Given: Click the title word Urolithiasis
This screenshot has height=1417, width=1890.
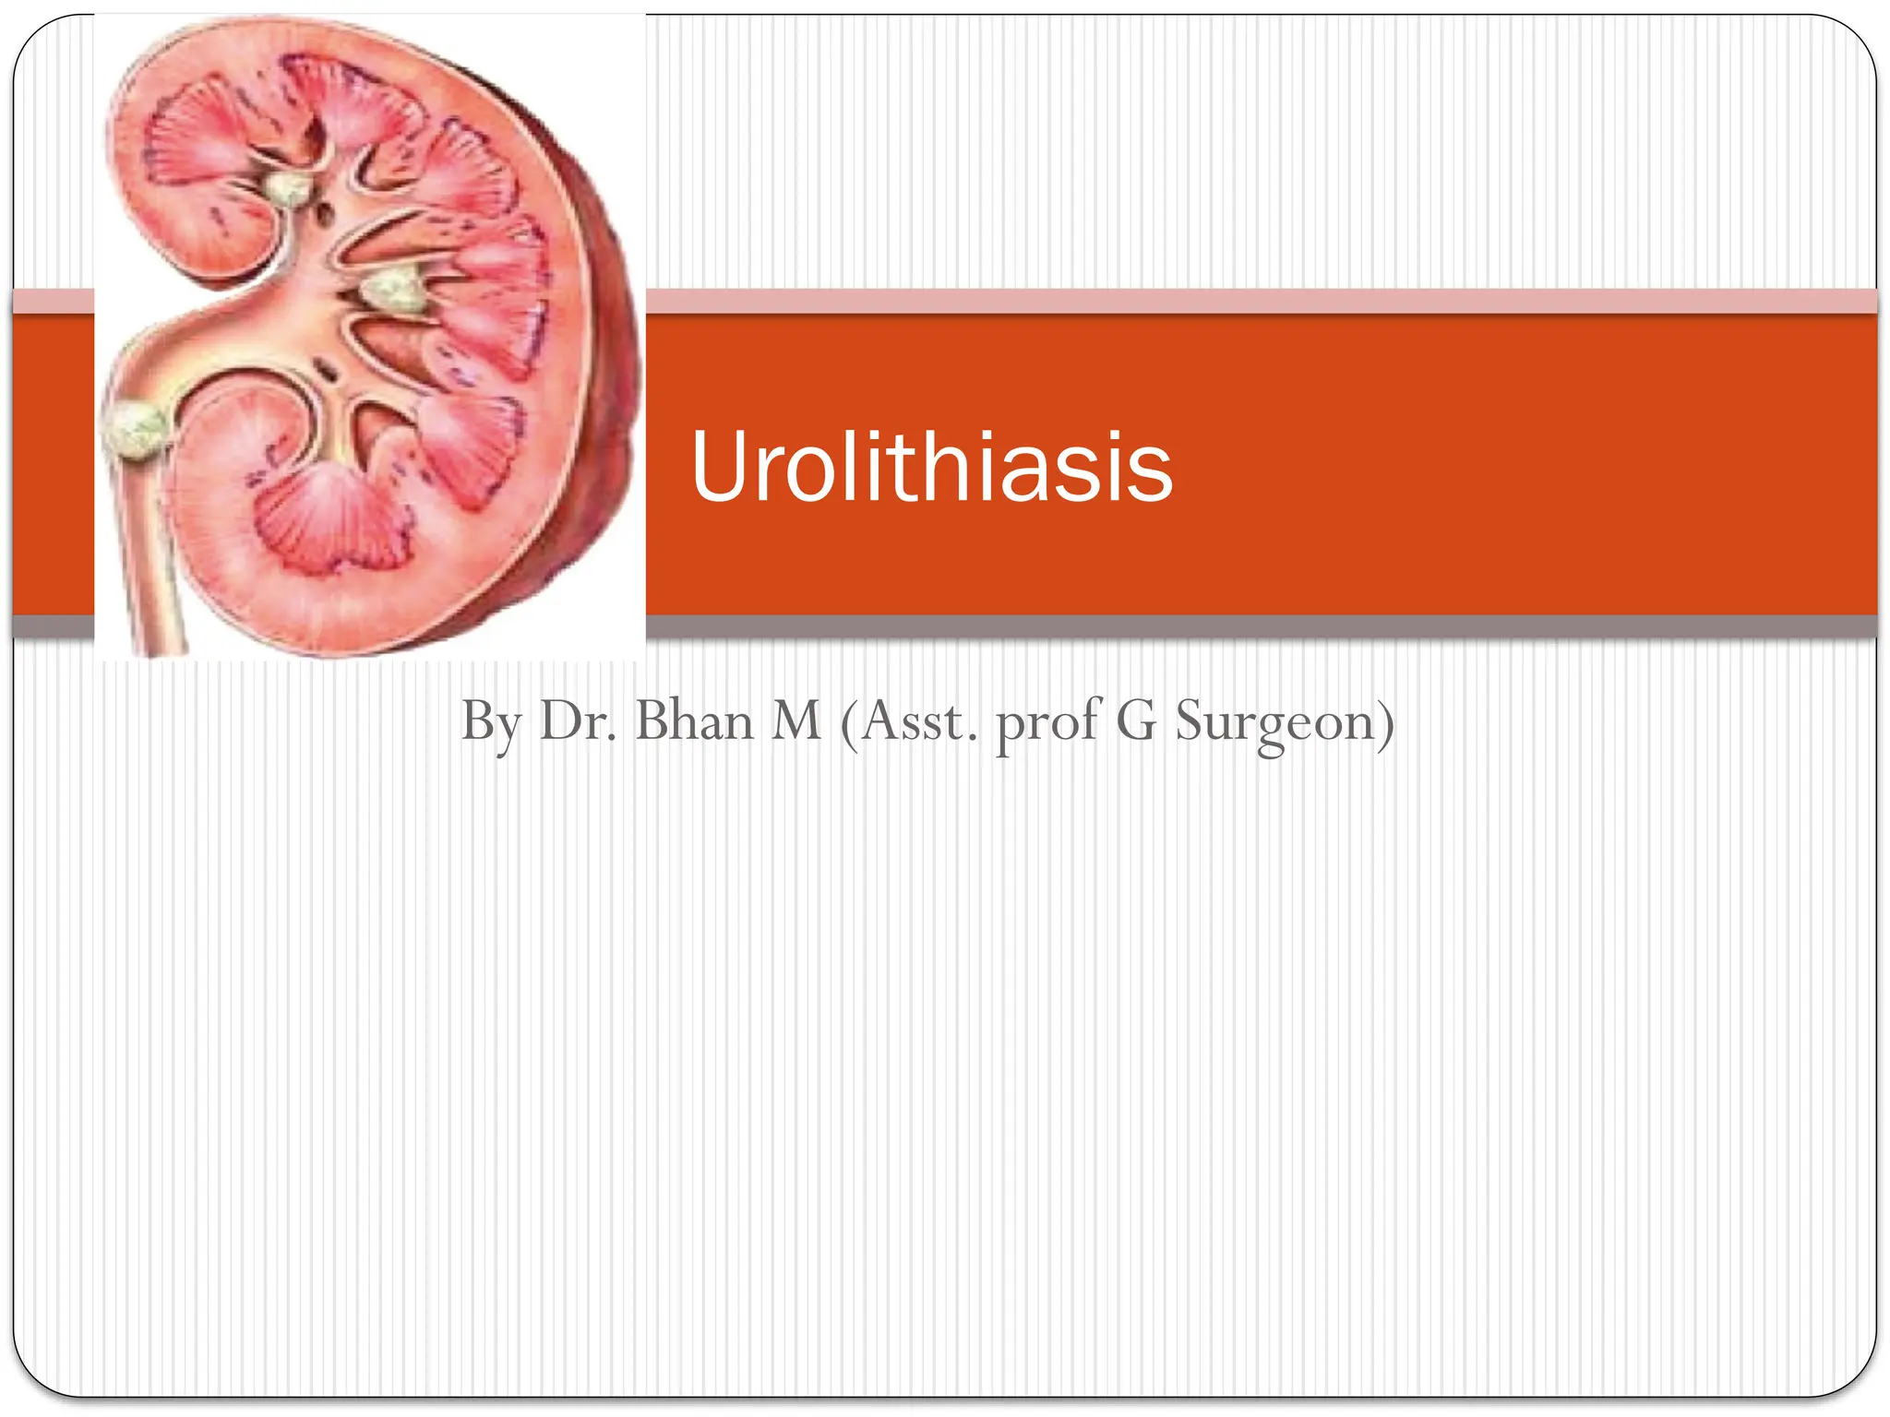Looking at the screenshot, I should [931, 468].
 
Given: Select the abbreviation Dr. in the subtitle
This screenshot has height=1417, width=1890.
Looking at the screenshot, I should [578, 720].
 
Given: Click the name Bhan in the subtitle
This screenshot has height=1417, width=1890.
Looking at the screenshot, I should [694, 720].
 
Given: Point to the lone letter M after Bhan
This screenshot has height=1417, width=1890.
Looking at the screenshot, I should [795, 720].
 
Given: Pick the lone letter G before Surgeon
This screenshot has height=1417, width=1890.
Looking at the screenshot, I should [1135, 720].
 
